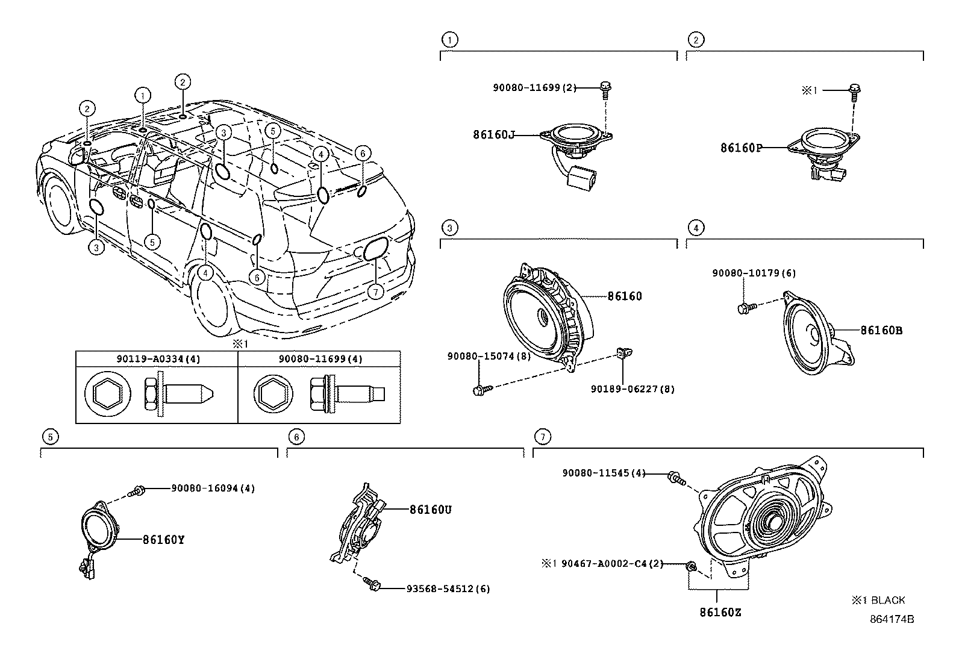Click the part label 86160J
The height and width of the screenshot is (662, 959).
pos(493,135)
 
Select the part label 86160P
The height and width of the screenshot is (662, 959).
pos(741,147)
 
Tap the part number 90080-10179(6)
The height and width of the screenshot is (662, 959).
pos(754,273)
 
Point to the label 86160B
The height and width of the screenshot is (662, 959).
pos(881,330)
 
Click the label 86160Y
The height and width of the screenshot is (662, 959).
pos(163,540)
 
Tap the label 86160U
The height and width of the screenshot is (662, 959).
pos(430,510)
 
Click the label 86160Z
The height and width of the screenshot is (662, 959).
pos(720,613)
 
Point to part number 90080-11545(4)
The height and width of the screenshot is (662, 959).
pos(604,473)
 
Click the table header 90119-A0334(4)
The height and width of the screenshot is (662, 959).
pos(158,359)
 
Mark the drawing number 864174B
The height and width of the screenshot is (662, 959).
pos(891,619)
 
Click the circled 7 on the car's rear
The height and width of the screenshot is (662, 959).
pos(375,292)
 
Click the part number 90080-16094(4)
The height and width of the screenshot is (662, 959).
pos(213,489)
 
